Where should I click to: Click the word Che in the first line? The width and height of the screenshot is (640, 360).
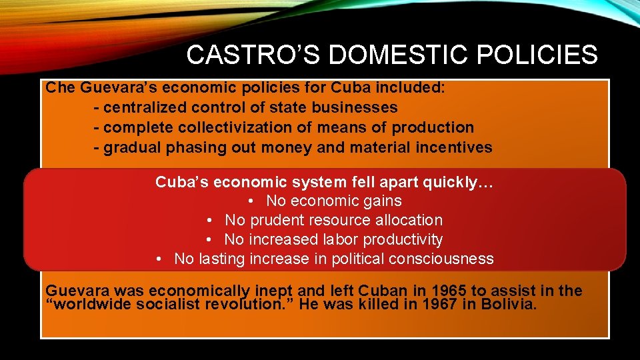(59, 88)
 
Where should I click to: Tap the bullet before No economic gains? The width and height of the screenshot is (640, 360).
(251, 201)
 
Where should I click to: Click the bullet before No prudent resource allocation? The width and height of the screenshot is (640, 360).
(209, 221)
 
